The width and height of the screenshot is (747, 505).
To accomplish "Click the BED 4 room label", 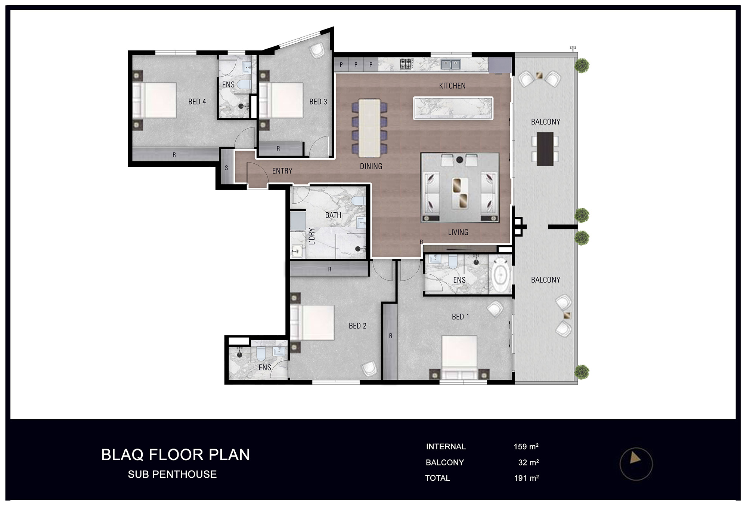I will point(197,102).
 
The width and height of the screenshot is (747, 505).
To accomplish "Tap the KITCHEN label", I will point(452,86).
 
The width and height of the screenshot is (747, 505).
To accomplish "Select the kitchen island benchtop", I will point(453,108).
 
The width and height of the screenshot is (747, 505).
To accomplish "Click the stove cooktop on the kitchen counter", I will point(406,64).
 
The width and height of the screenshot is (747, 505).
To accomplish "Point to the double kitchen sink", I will point(450,65).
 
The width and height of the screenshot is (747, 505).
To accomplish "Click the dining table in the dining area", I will point(369,128).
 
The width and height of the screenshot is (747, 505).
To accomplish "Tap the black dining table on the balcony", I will point(545,149).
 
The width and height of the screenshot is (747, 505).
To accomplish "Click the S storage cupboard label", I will point(226,168).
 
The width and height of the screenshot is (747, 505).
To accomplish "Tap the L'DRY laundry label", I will point(312,236).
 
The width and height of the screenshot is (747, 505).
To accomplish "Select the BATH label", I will point(333,215).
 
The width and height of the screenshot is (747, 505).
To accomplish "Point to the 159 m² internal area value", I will point(526,446).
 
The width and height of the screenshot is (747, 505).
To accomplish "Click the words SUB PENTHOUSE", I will point(172,474).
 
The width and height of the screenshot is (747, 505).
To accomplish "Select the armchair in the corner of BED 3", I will point(317,51).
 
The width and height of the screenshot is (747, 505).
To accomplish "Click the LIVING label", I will point(458,232).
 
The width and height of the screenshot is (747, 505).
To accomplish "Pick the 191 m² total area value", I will point(526,478).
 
